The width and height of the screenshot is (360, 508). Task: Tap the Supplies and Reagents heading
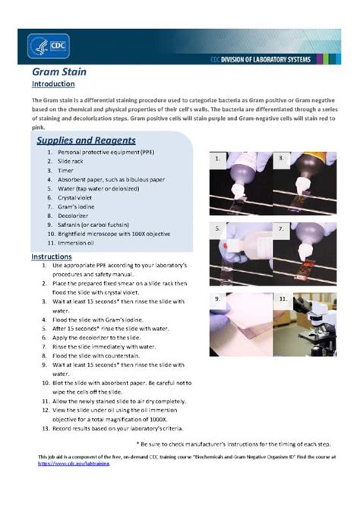[86, 140]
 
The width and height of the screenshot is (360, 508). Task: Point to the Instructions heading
[52, 257]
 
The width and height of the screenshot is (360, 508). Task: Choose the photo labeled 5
[238, 251]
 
